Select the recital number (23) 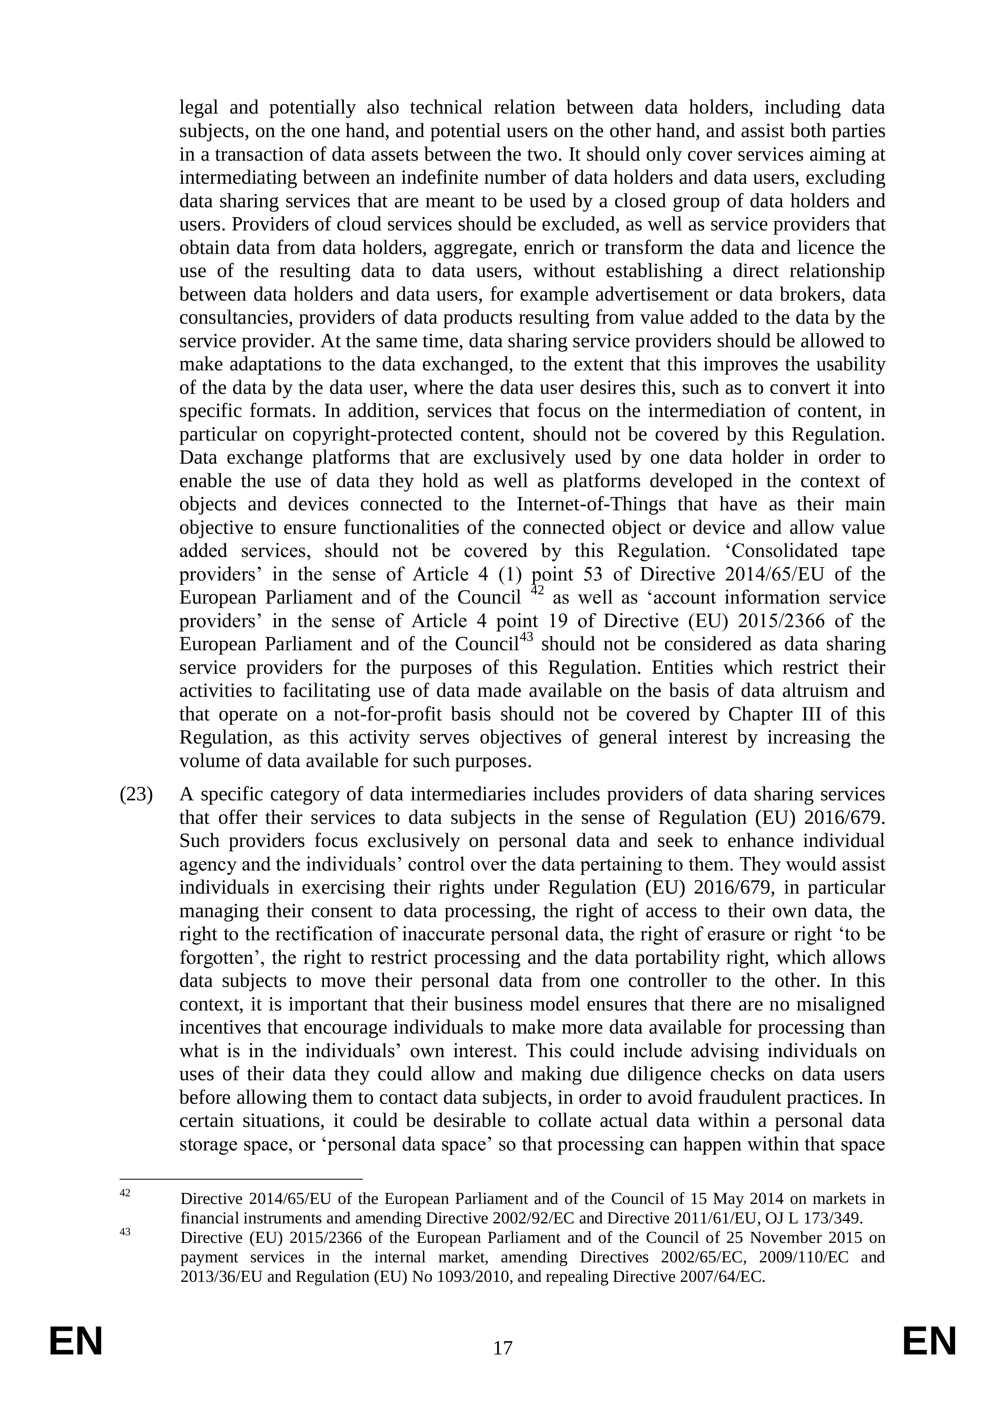click(x=136, y=795)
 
